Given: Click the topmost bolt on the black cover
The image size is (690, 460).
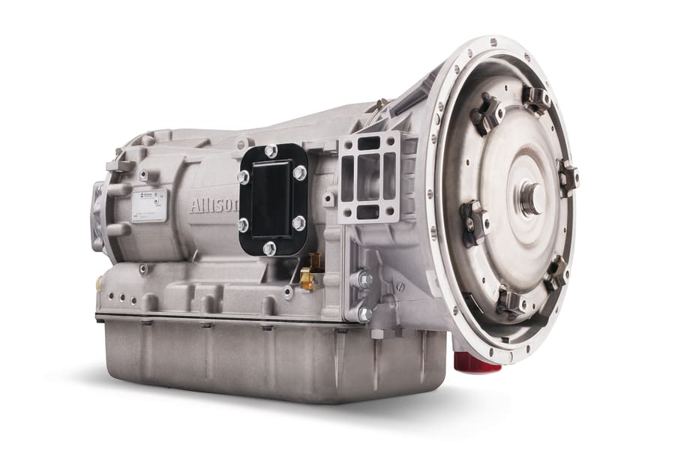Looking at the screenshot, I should coord(271,152).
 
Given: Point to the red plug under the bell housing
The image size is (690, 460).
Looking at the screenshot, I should coord(477,362).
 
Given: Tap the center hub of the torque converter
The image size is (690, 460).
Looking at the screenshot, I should coord(532,199).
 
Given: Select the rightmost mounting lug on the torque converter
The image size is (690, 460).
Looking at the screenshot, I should coord(567,178).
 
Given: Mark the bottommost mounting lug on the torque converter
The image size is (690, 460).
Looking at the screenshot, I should coord(511,302).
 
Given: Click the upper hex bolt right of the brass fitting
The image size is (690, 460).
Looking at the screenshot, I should coord(364,279).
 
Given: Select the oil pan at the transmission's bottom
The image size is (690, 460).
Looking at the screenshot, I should coord(270,356).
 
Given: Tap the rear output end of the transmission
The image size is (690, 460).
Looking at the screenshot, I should coord(97,214).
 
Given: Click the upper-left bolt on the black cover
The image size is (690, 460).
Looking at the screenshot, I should coord(244,176).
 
